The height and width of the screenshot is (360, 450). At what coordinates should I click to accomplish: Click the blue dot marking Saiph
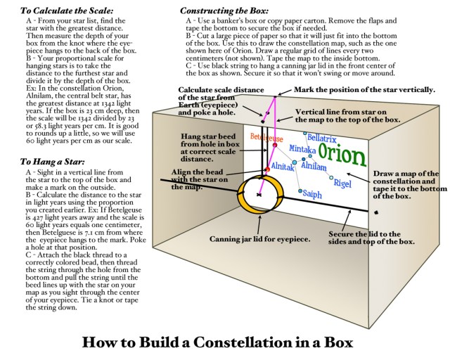[x=300, y=191]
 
